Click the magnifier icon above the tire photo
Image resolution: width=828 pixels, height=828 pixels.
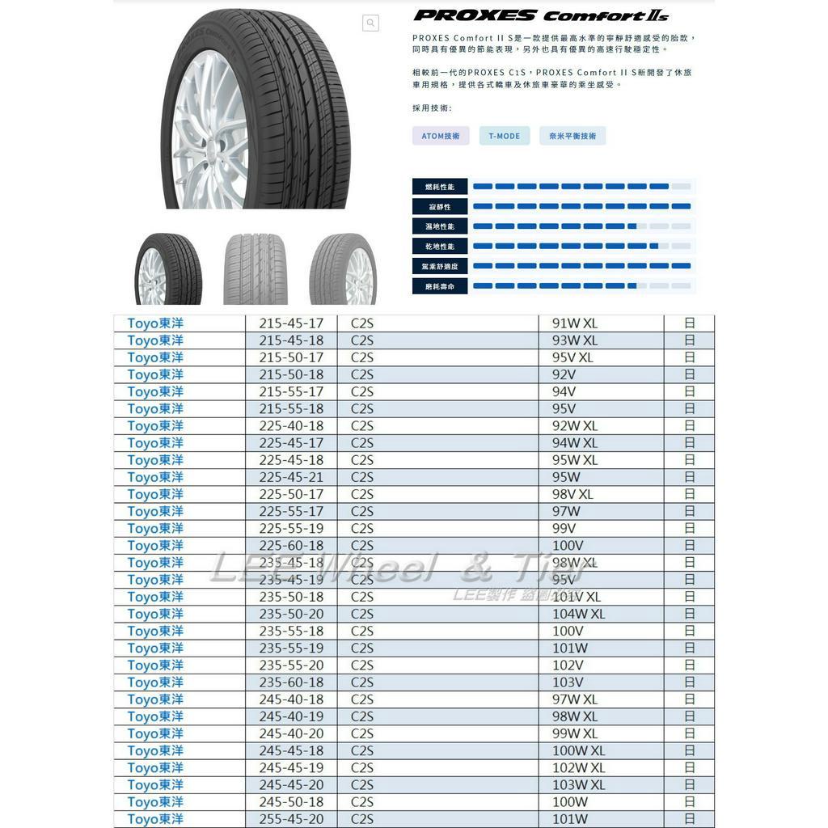point(370,23)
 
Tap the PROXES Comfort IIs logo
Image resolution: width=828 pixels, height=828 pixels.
point(541,15)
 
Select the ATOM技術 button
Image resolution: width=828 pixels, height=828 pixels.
point(441,136)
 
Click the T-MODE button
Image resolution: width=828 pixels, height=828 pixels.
point(505,136)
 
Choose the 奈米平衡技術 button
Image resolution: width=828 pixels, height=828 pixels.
point(572,136)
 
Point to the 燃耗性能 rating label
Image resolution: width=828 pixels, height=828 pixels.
point(440,187)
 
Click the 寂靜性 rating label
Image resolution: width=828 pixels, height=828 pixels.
point(440,207)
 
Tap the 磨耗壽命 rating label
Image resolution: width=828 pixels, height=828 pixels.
point(440,286)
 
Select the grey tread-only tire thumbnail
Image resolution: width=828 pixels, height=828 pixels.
point(256,269)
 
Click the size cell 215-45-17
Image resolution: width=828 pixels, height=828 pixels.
point(291,323)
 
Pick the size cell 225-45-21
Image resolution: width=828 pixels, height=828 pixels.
point(291,477)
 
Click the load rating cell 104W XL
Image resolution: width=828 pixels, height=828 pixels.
point(578,614)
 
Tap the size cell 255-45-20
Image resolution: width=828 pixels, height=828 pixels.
point(291,819)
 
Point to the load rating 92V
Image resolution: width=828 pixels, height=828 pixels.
point(564,374)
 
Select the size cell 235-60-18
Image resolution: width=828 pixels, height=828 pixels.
point(291,682)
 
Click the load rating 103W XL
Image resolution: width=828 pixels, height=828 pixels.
point(578,784)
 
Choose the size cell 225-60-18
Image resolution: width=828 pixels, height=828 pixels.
point(291,545)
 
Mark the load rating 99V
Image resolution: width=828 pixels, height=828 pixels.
point(564,528)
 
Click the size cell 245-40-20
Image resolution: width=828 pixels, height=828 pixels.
point(291,733)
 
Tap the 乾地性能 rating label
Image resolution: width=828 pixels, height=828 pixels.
point(440,246)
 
